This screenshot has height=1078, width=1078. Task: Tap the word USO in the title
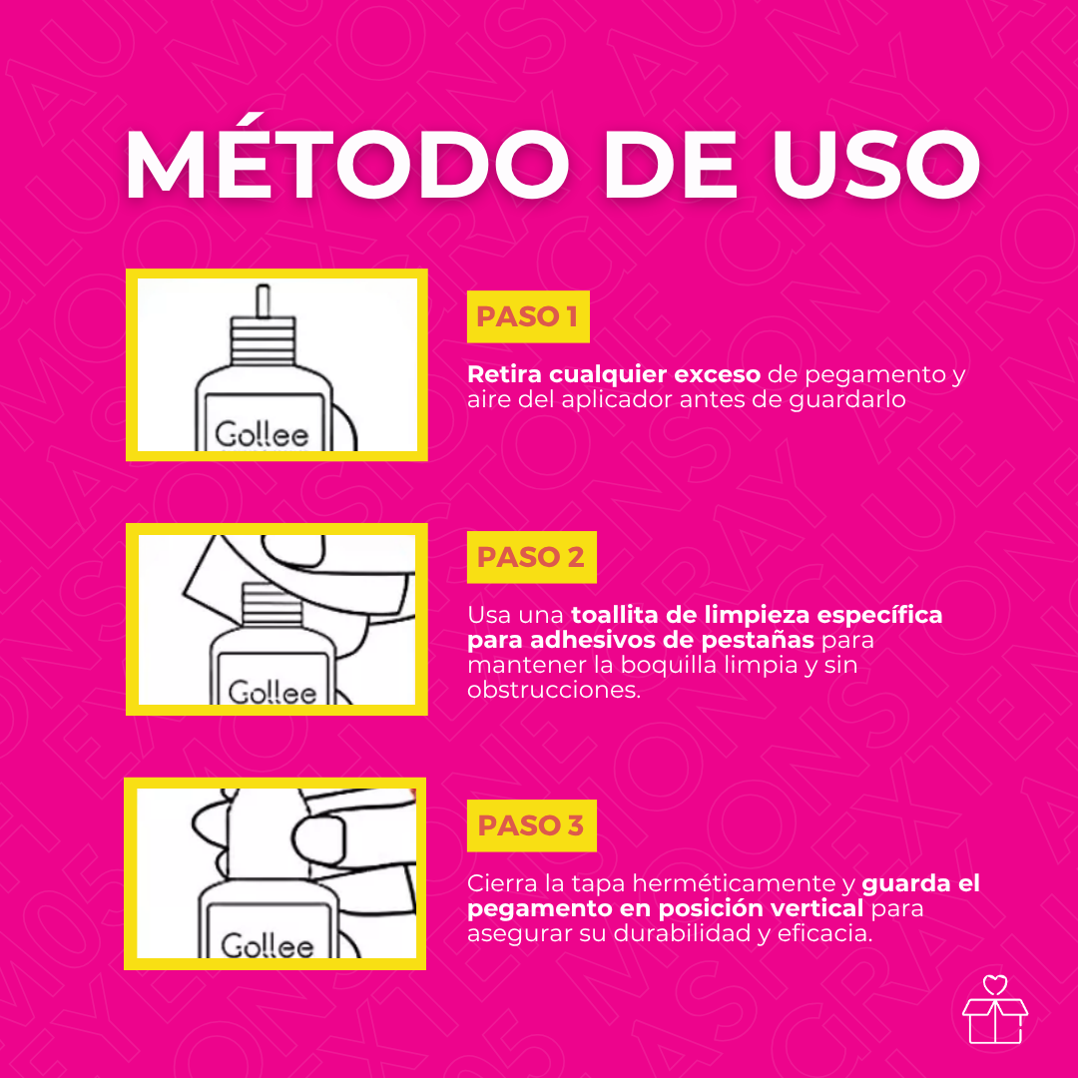pyautogui.click(x=876, y=165)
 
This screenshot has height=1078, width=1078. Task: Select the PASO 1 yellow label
pyautogui.click(x=528, y=316)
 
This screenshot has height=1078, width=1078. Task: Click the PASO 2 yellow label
pyautogui.click(x=531, y=557)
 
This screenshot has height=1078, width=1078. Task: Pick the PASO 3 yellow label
pyautogui.click(x=531, y=825)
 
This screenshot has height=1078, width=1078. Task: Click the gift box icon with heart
pyautogui.click(x=995, y=1009)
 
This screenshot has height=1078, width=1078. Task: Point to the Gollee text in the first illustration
pyautogui.click(x=262, y=434)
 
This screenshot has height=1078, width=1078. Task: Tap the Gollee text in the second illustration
pyautogui.click(x=272, y=692)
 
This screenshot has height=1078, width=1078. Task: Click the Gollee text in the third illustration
pyautogui.click(x=268, y=945)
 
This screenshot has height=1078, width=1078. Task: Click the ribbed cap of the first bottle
pyautogui.click(x=263, y=340)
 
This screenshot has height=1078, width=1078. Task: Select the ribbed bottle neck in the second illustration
pyautogui.click(x=272, y=604)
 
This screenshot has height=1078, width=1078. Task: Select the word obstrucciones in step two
pyautogui.click(x=553, y=690)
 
